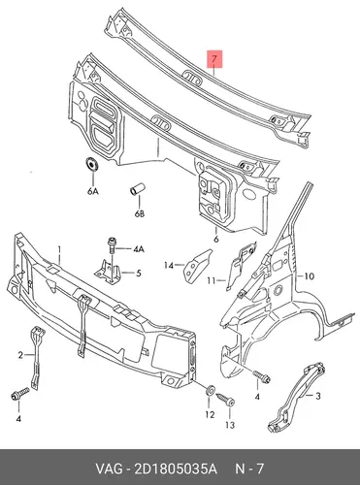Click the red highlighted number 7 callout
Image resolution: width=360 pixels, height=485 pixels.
tap(214, 59)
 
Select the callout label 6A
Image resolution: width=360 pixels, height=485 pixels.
tap(92, 191)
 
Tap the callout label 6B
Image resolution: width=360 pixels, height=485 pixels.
tap(139, 213)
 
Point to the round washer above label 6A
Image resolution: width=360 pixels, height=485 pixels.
tap(92, 164)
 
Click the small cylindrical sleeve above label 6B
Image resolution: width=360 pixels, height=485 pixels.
tap(138, 189)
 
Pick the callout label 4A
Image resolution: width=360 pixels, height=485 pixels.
tap(138, 249)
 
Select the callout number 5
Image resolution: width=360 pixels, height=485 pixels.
tap(139, 274)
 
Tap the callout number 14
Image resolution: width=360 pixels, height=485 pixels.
tap(169, 266)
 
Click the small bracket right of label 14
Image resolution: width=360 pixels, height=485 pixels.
tap(197, 265)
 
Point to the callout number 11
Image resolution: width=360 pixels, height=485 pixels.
tap(211, 280)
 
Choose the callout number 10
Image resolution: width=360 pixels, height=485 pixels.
tap(310, 276)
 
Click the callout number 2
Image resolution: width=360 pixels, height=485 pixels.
tap(20, 355)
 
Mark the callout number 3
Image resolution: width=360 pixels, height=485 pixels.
tap(318, 396)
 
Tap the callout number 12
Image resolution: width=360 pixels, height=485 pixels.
tap(210, 414)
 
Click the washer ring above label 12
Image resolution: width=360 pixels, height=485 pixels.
tap(211, 390)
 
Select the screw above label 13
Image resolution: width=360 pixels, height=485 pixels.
tap(225, 398)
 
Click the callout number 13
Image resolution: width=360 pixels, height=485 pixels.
tap(230, 425)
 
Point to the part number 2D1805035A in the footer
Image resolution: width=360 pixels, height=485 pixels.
tap(174, 469)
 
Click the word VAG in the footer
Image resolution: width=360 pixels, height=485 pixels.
tap(109, 469)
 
